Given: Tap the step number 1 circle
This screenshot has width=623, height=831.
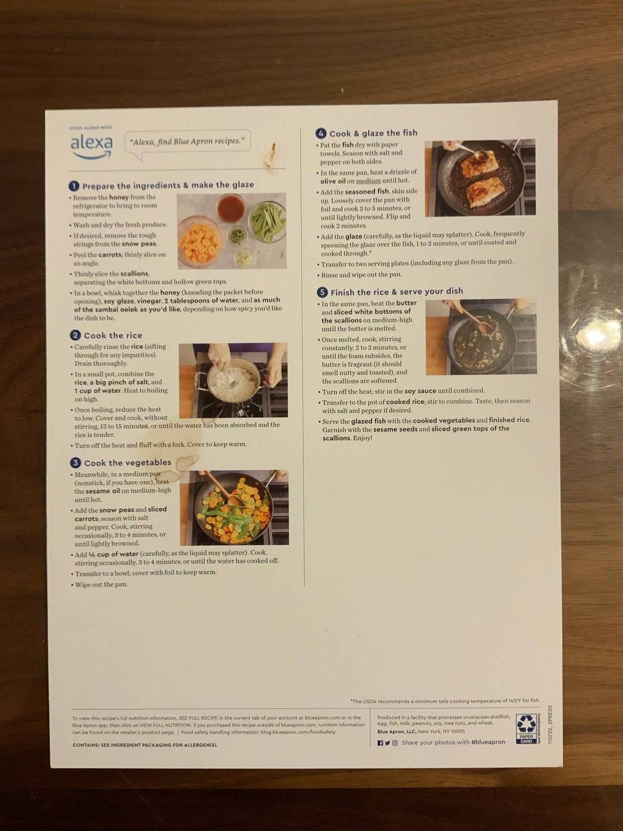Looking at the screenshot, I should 74,186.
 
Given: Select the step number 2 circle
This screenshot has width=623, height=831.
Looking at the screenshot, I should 75,335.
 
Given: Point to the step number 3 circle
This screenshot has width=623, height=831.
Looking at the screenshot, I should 76,463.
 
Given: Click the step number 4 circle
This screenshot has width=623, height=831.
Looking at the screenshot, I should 321,134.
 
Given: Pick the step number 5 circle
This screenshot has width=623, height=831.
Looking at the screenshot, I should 322,292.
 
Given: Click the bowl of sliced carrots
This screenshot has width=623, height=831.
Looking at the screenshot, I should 200,242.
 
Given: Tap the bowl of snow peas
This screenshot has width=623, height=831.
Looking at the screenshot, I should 267,221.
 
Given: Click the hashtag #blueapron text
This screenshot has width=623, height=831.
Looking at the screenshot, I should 488,742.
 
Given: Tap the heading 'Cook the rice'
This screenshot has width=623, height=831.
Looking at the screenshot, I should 113,336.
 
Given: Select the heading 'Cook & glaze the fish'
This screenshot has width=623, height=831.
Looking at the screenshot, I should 373,134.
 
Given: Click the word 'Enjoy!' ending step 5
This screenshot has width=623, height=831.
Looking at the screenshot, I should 363,438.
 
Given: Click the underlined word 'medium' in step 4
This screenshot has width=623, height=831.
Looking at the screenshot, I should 368,181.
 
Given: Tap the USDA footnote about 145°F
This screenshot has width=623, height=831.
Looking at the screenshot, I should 445,701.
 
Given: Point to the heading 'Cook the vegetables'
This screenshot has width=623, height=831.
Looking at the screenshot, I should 127,463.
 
